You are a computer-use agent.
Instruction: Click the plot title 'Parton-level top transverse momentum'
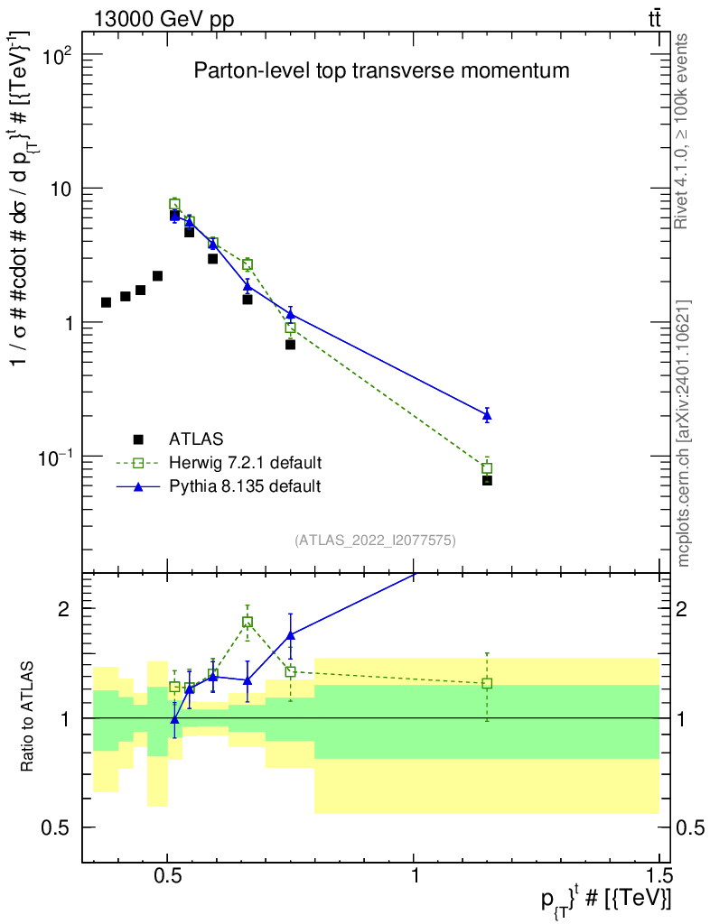click(381, 70)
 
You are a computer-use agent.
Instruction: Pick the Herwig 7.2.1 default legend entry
click(219, 463)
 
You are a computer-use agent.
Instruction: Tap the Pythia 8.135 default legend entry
click(219, 486)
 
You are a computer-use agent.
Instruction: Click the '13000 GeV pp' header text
click(163, 20)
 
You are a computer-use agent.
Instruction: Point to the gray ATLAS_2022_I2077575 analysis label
click(375, 541)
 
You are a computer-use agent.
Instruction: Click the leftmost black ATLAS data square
click(107, 302)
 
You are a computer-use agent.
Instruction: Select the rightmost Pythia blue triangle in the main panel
click(487, 415)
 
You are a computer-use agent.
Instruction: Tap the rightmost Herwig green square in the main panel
click(487, 468)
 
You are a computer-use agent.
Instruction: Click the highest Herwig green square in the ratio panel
click(248, 622)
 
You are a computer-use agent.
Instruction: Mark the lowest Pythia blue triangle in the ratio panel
click(174, 719)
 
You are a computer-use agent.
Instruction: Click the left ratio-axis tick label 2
click(64, 609)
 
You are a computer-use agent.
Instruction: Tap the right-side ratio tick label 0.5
click(690, 828)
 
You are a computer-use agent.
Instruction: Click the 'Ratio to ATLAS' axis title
click(27, 716)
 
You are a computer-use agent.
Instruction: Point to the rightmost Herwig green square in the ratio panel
click(487, 684)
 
